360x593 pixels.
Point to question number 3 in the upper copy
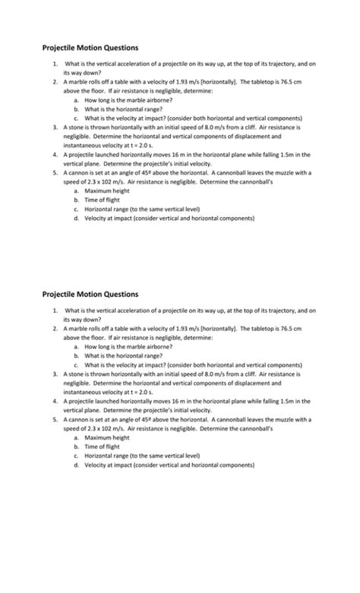(x=55, y=127)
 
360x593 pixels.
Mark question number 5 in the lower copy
(x=55, y=419)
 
